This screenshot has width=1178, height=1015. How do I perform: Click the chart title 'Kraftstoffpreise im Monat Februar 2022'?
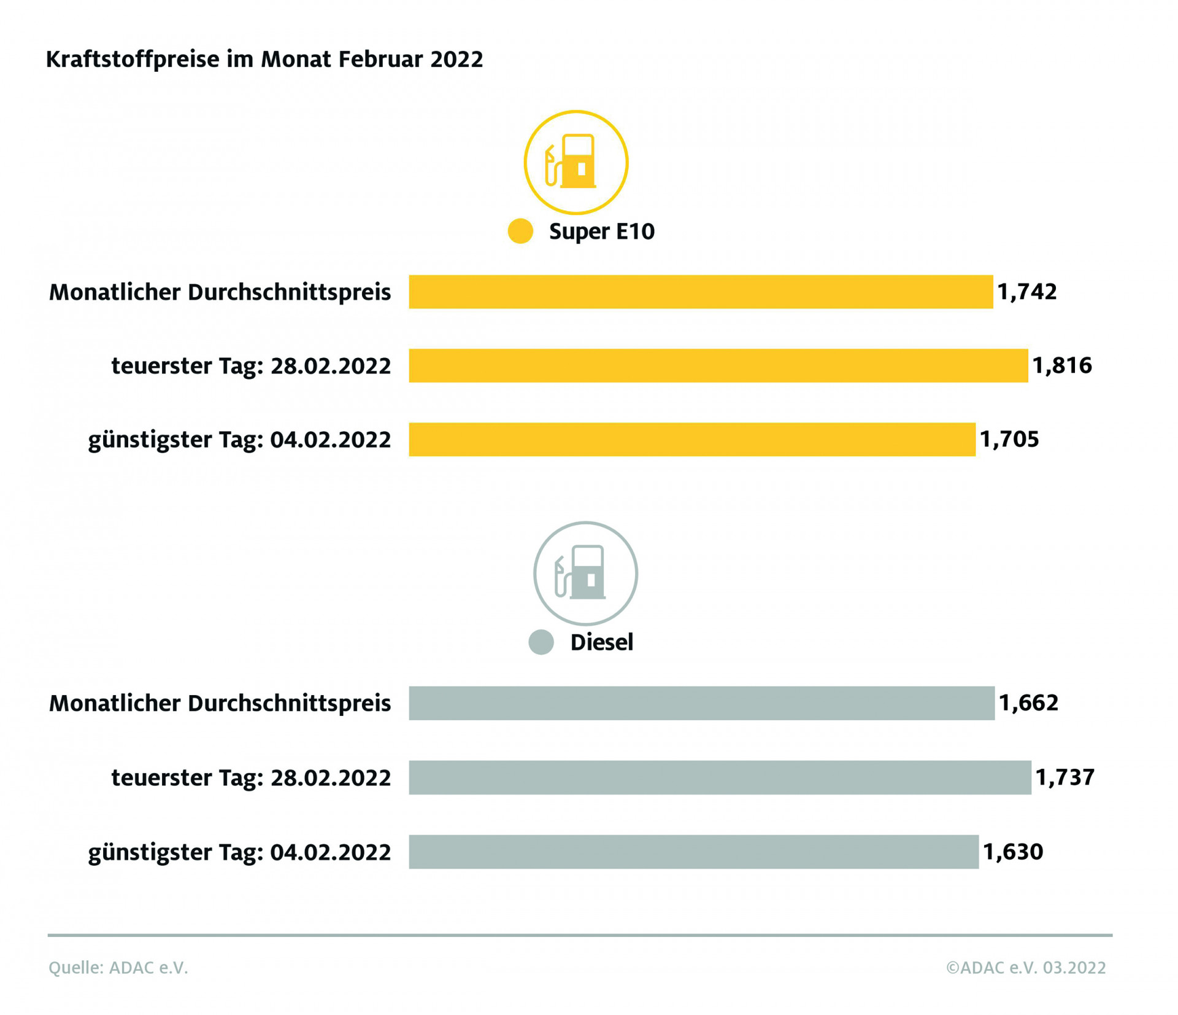point(264,60)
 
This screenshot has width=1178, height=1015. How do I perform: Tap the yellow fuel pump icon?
point(576,162)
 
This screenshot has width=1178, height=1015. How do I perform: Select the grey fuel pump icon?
point(585,573)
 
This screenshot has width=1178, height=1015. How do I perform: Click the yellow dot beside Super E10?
point(520,231)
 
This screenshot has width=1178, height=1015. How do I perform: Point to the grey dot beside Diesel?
point(541,642)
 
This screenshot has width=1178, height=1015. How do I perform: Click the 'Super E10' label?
point(601,231)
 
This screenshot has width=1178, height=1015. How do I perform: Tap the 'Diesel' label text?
point(601,642)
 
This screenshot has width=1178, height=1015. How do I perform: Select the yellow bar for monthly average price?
point(701,292)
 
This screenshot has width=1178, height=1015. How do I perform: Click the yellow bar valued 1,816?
point(718,365)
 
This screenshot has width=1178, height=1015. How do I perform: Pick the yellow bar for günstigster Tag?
point(692,439)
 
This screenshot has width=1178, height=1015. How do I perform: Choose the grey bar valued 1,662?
point(701,703)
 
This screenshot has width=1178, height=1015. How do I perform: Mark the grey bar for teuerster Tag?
point(720,777)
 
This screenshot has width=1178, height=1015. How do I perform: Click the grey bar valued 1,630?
point(693,852)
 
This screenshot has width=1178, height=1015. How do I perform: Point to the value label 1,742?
point(1027,292)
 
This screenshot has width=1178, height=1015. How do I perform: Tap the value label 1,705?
point(1009,439)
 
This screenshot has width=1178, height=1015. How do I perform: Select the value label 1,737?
point(1065,777)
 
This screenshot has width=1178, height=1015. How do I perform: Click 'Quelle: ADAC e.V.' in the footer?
point(118,968)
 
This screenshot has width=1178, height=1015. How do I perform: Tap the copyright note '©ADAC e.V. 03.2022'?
point(1025,968)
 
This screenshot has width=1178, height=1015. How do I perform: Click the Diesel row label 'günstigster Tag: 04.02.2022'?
point(239,852)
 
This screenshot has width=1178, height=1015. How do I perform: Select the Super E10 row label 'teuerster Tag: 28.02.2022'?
point(251,366)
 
